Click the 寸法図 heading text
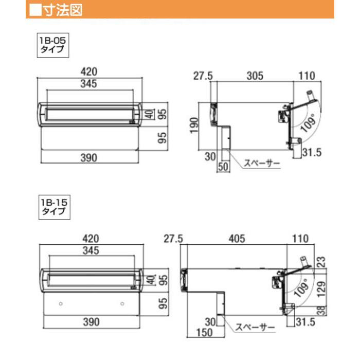(x=63, y=10)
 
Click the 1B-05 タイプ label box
(x=53, y=45)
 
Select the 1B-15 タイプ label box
(x=55, y=207)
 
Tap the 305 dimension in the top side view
(x=255, y=76)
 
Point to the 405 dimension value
(x=237, y=239)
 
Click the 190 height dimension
(x=194, y=125)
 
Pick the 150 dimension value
(x=204, y=332)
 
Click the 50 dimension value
(x=223, y=167)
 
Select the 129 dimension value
(x=321, y=289)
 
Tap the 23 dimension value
(x=321, y=262)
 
